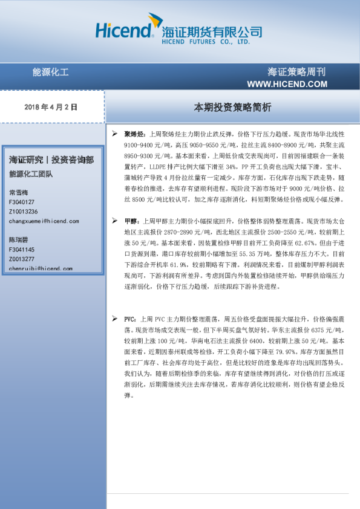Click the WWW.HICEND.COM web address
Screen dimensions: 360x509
tap(287, 84)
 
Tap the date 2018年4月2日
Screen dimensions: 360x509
tap(51, 107)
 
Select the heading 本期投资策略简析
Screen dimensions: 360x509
tap(232, 107)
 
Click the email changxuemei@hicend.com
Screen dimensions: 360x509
tap(44, 221)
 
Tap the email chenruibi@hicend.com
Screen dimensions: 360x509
tap(41, 268)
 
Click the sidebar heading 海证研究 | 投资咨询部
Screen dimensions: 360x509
tap(51, 160)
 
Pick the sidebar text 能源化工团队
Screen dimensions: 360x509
tap(31, 175)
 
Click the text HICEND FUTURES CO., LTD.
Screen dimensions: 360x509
tap(206, 44)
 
